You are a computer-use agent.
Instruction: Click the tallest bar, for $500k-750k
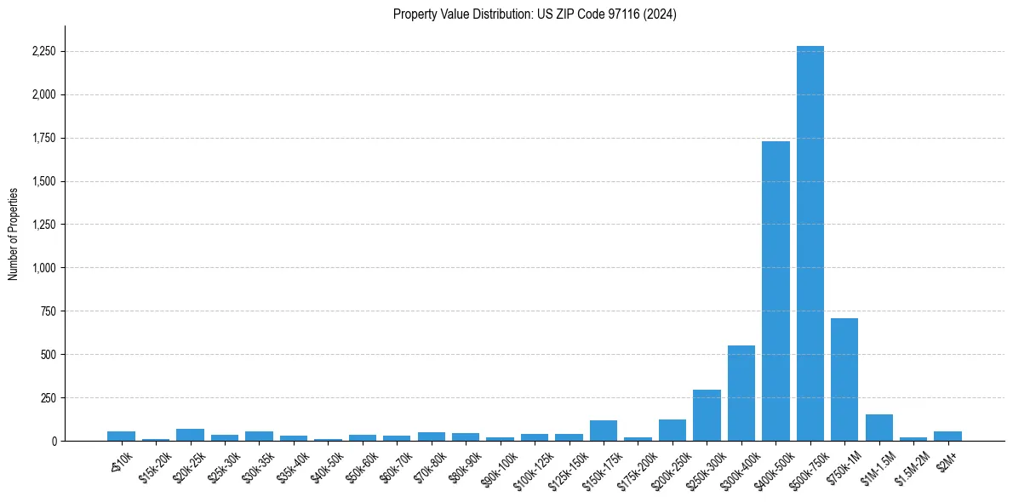coord(810,243)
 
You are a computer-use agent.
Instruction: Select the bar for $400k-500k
coord(775,291)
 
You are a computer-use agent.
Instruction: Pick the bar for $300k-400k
coord(741,393)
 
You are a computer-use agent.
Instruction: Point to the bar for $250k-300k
coord(707,415)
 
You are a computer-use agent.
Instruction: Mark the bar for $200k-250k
coord(672,431)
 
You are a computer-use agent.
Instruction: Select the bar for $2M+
coord(947,436)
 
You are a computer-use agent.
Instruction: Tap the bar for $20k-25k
coord(190,435)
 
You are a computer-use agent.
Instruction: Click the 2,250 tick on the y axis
coord(43,52)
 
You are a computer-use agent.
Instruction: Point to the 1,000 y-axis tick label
coord(43,268)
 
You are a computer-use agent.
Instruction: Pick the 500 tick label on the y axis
coord(49,355)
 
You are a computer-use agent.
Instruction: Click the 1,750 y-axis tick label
coord(43,138)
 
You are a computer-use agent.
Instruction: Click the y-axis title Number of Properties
coord(13,233)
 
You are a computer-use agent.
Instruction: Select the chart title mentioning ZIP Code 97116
coord(535,14)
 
